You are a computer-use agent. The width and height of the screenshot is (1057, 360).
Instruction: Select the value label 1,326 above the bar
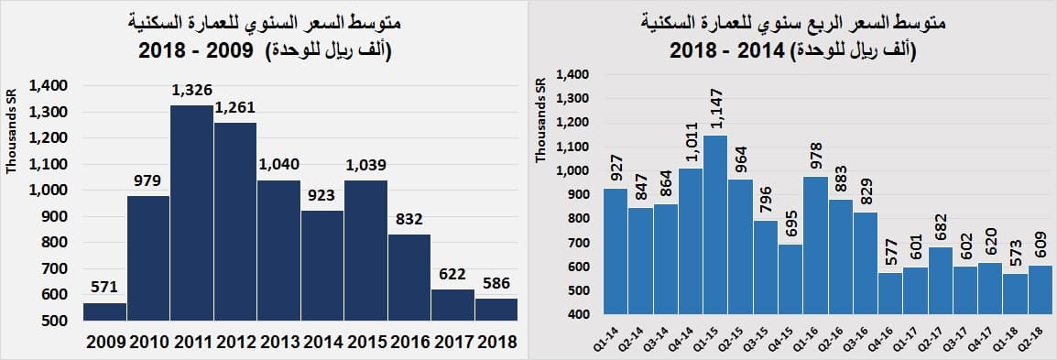192,91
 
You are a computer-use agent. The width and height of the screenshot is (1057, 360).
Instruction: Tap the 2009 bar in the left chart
104,311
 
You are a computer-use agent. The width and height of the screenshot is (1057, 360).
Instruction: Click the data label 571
104,288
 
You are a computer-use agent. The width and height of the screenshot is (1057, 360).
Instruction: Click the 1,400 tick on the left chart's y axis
48,86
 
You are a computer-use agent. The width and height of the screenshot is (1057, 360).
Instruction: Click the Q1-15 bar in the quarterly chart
715,225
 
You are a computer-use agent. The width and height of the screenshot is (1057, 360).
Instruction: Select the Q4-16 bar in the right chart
890,294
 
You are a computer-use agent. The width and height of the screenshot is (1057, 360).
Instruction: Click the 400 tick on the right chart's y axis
583,315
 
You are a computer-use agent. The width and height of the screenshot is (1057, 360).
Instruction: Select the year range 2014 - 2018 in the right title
733,51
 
